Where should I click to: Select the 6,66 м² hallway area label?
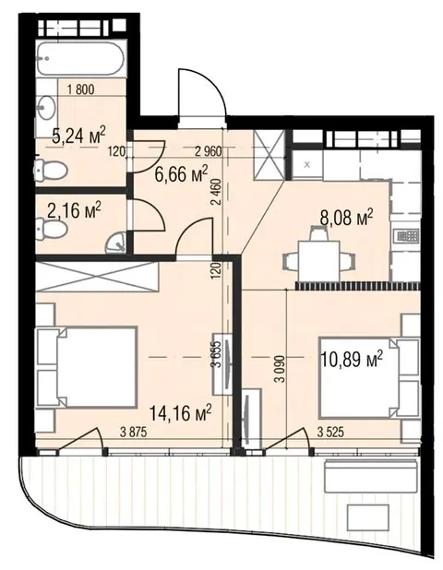181,173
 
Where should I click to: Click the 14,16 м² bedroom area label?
181,413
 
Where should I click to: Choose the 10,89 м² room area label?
352,359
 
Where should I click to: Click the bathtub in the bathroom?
80,59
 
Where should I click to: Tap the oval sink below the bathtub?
46,108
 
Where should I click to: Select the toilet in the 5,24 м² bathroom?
50,170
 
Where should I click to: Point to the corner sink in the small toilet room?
115,243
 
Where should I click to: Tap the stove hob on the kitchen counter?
407,236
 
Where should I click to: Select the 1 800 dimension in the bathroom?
81,89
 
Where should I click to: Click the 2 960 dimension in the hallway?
208,151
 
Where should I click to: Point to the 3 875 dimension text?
134,433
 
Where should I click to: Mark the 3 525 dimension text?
330,433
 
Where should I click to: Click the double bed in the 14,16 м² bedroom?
86,367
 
